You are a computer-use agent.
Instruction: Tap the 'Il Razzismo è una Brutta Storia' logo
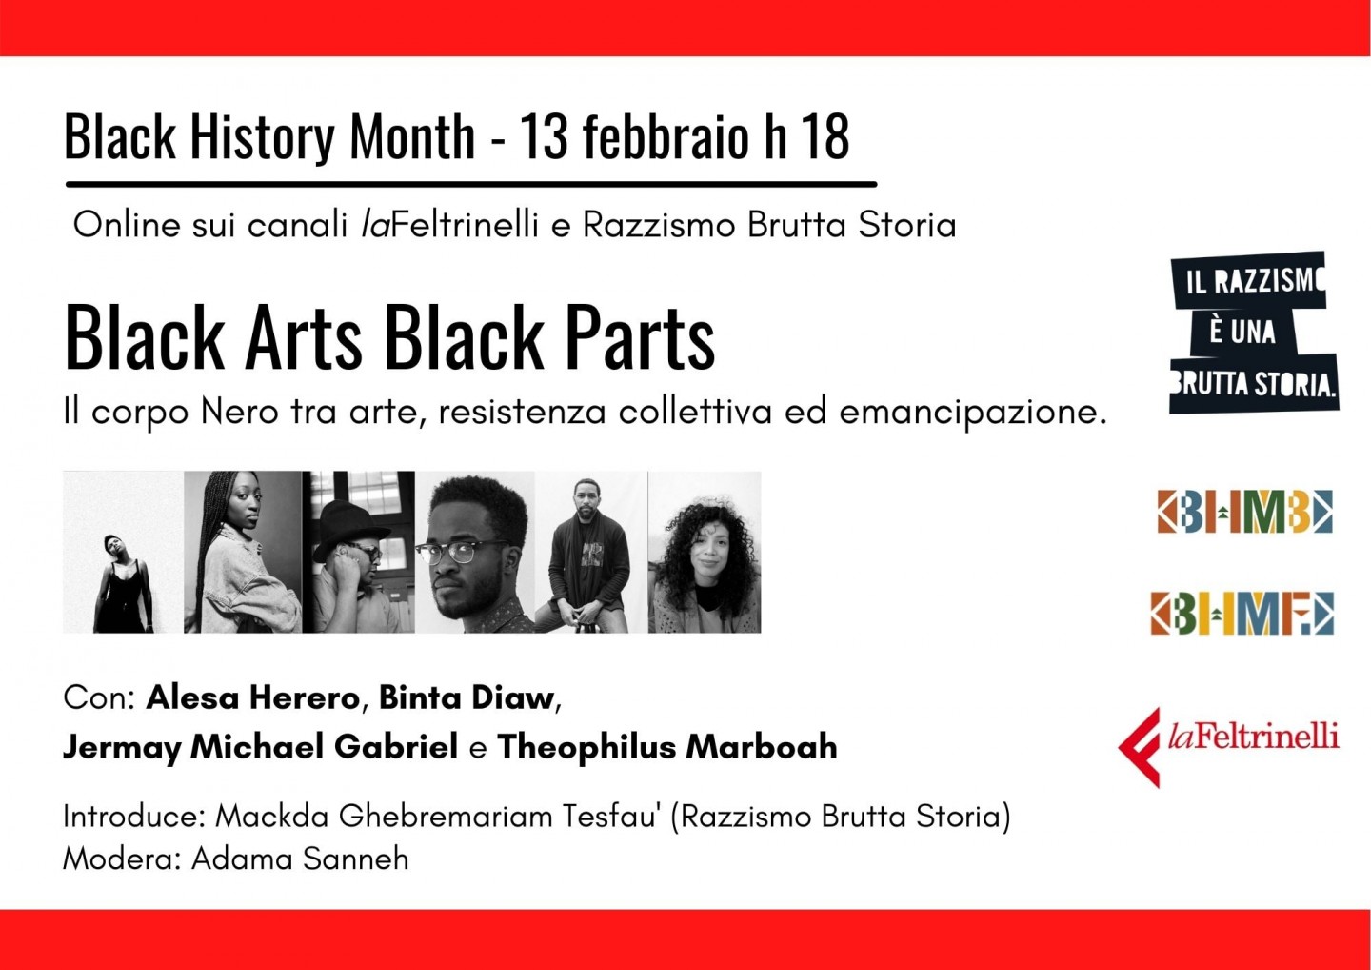tap(1253, 332)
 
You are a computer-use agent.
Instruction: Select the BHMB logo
tap(1244, 512)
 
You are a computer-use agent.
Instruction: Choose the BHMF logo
tap(1242, 613)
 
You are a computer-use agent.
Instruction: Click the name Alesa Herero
tap(252, 697)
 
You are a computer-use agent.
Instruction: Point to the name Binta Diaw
tap(467, 697)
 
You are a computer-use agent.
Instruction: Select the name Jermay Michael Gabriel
tap(260, 747)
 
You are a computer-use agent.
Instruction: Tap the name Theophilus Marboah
tap(666, 747)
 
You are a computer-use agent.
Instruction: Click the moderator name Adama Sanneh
tap(300, 859)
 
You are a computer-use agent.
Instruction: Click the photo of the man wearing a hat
tap(360, 552)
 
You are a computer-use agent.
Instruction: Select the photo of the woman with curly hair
tap(705, 552)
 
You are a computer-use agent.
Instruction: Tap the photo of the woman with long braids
tap(243, 552)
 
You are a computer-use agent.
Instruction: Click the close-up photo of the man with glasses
tap(475, 552)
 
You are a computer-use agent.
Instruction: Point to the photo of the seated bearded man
tap(591, 552)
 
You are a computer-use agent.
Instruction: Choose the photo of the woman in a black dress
tap(123, 552)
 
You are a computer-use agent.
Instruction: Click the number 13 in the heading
tap(544, 137)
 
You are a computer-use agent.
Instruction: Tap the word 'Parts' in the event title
tap(639, 338)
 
